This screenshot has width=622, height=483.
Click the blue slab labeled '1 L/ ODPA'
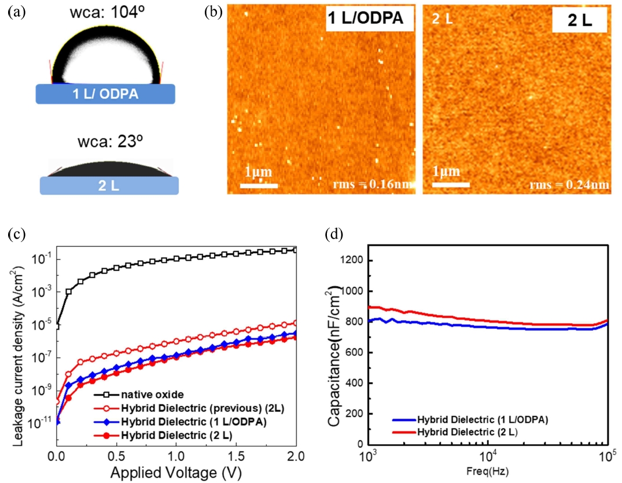tap(105, 94)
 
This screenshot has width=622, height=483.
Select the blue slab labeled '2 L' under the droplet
tap(109, 185)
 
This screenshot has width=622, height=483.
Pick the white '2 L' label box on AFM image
tap(579, 22)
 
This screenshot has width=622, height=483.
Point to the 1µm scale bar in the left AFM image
tap(259, 185)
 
